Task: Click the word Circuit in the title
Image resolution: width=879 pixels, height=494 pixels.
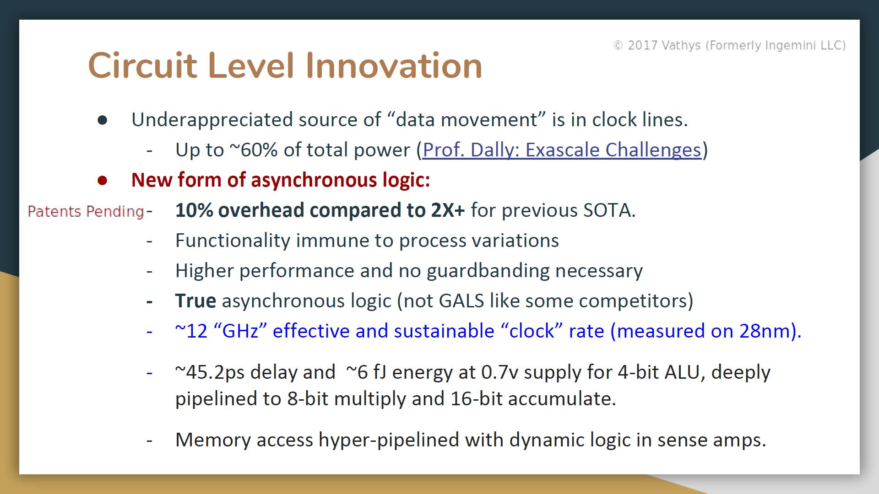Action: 142,65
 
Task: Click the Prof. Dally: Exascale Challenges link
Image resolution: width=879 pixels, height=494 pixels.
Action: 562,150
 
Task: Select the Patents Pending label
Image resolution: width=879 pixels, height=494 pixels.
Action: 86,211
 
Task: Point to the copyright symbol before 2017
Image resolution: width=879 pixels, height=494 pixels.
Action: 618,45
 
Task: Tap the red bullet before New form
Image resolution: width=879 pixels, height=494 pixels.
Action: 102,180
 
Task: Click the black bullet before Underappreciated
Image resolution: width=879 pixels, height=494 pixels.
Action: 102,120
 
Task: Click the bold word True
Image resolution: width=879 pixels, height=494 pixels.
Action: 195,301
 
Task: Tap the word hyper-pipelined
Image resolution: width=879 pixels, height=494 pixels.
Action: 389,440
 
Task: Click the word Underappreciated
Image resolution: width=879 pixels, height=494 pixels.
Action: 212,120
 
